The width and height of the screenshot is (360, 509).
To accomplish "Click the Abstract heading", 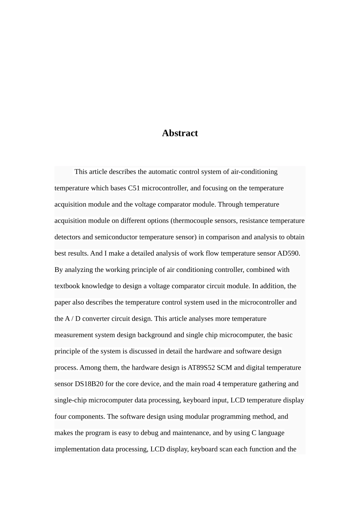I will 180,133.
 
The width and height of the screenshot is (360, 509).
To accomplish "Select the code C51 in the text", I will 134,188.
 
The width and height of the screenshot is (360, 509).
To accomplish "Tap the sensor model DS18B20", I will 89,384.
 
